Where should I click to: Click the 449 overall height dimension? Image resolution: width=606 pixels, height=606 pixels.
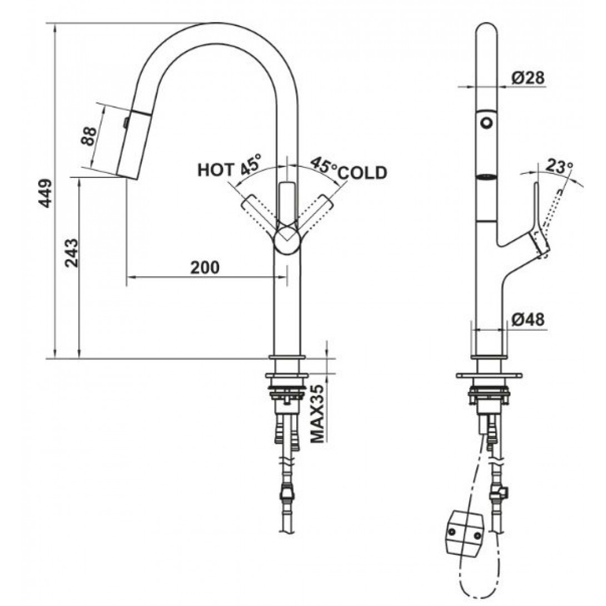pos(46,193)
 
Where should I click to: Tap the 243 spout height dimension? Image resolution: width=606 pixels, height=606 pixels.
pos(72,253)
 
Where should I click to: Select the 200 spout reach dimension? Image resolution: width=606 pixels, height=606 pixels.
pos(205,267)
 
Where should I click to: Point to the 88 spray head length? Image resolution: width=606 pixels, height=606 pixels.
pos(90,136)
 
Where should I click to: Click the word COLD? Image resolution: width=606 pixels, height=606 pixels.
pos(362,173)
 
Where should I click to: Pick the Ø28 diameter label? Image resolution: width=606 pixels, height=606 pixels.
pos(528,78)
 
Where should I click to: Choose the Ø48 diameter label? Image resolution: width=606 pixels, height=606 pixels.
pos(528,319)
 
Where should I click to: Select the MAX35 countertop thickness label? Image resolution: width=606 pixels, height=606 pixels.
pos(318,414)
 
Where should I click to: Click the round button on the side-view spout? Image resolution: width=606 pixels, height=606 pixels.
pos(486,123)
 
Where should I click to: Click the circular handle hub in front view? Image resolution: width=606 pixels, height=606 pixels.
pos(287,240)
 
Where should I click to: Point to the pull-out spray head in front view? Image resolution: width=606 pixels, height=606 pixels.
pos(132,145)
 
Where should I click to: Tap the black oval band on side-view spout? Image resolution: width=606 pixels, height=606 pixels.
pos(486,177)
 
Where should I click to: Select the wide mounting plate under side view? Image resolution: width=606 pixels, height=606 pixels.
pos(489,375)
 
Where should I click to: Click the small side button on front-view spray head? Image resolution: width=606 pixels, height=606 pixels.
pos(126,123)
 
